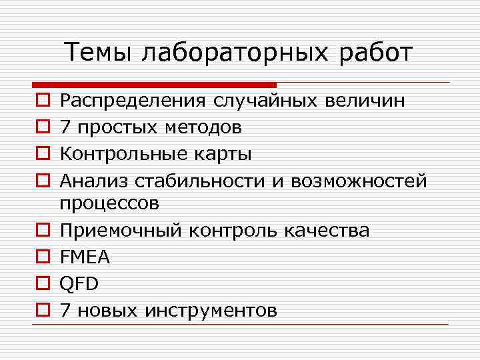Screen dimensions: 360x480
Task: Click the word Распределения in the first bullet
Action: coord(133,102)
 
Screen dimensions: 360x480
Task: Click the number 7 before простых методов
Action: coord(65,127)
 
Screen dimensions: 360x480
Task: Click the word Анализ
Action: coord(93,180)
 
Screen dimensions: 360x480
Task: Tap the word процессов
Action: coord(109,204)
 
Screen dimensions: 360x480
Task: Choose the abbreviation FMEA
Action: coord(85,257)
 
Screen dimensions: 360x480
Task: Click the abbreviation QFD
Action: coord(79,284)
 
